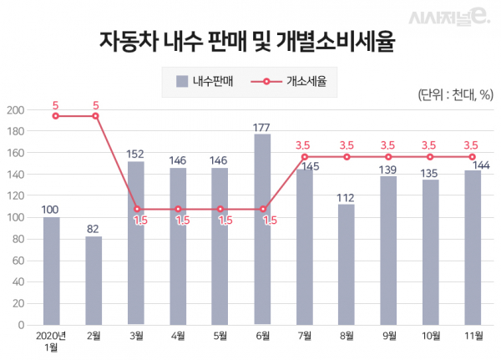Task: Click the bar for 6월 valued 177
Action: [x=262, y=229]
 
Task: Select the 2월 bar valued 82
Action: [x=94, y=280]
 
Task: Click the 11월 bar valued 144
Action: [x=473, y=247]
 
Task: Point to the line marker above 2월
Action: [x=95, y=116]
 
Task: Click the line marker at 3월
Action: [x=137, y=209]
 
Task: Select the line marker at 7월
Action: [x=305, y=157]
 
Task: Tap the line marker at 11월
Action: [x=473, y=157]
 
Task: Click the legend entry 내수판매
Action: [x=205, y=82]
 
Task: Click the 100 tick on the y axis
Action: [x=14, y=217]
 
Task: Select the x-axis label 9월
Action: [x=388, y=336]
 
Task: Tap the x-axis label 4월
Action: [x=179, y=336]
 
